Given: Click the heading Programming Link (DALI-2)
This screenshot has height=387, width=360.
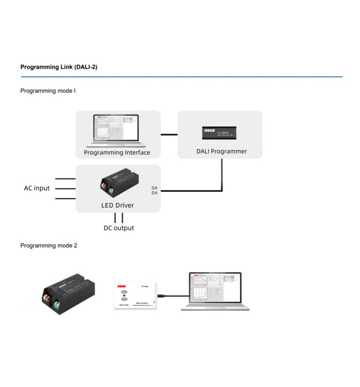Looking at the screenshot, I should (x=59, y=67).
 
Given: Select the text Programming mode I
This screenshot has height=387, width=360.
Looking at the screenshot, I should (x=48, y=90).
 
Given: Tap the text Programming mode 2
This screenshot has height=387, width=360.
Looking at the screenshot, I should (x=48, y=245).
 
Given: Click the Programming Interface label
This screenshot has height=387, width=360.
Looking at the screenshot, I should (x=117, y=152).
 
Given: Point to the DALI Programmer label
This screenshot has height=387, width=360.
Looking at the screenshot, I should (x=222, y=151).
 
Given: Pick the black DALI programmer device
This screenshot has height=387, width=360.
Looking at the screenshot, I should (x=221, y=132).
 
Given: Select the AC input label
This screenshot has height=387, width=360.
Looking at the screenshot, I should (x=37, y=188).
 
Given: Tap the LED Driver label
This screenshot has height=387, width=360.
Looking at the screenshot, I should (x=118, y=205).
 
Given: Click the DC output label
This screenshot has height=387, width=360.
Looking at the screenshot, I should (x=119, y=228).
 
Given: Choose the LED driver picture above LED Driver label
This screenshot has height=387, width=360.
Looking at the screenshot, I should (x=120, y=185).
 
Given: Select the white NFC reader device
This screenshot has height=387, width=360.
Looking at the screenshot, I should (x=135, y=295).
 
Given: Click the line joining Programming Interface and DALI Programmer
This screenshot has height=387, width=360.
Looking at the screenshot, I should (x=169, y=134).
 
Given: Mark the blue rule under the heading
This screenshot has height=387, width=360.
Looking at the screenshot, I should (x=181, y=76).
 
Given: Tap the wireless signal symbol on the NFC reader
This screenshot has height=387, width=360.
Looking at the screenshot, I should (x=125, y=294).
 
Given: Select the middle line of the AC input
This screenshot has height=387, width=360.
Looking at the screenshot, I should (x=65, y=190).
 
